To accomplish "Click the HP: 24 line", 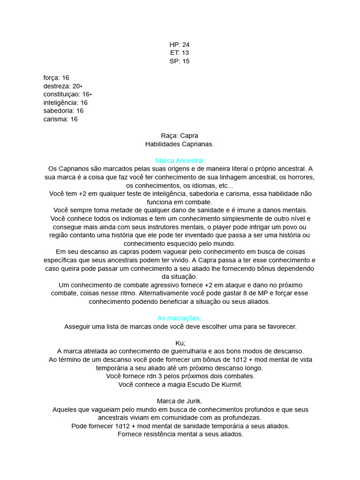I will [x=180, y=45].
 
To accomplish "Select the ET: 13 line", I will [x=180, y=53].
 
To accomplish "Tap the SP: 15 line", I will [x=180, y=61].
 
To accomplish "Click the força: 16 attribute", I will [x=56, y=78].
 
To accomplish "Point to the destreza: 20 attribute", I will [x=63, y=86].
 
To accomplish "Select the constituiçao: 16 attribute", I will [x=67, y=94].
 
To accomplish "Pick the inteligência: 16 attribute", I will [x=65, y=103].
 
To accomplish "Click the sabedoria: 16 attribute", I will [x=63, y=111].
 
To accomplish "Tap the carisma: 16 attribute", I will [x=60, y=120].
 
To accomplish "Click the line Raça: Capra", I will [x=180, y=136].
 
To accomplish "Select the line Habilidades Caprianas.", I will [x=180, y=144].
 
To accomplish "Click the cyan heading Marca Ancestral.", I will [x=180, y=161].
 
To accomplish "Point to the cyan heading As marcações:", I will [x=180, y=318].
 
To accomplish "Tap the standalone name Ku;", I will [x=180, y=343].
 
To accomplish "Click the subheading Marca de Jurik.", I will [x=180, y=401].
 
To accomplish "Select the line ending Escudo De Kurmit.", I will [x=180, y=385].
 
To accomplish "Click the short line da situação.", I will [x=180, y=277].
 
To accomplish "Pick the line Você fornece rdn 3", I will [x=180, y=376].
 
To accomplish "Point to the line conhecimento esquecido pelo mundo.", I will [x=180, y=244].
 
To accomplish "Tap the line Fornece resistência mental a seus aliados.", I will [x=180, y=435].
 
